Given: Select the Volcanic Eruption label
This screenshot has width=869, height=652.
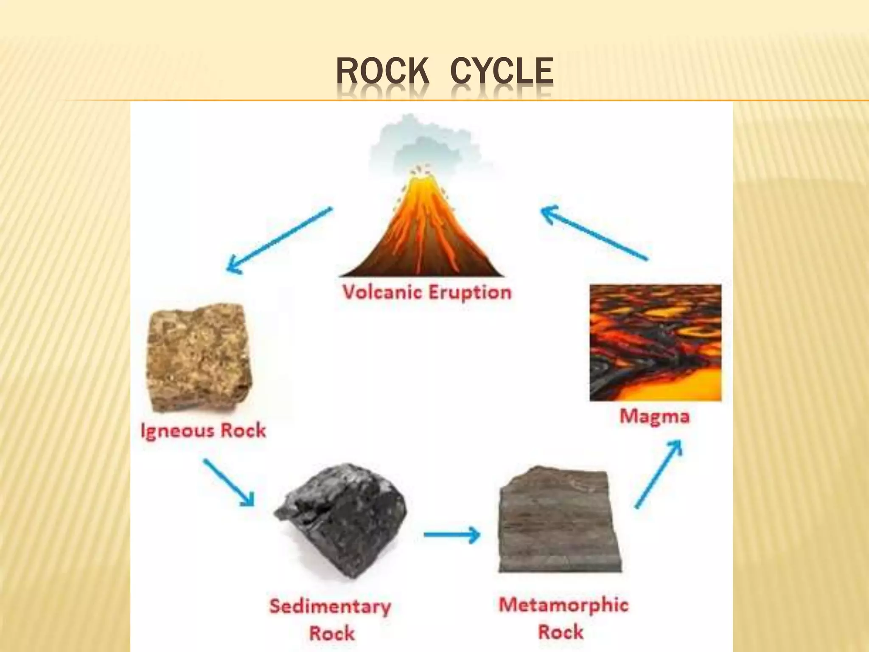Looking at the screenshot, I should (427, 292).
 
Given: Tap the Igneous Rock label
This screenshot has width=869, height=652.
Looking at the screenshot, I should (203, 430).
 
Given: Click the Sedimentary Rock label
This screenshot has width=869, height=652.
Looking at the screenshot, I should (331, 619).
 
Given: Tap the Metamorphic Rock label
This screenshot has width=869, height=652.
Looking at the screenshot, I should (563, 618).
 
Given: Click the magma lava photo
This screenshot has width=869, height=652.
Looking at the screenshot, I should (656, 343).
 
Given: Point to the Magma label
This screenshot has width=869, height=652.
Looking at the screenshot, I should (655, 416).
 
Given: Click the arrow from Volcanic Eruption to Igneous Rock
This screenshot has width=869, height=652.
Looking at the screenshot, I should (279, 240).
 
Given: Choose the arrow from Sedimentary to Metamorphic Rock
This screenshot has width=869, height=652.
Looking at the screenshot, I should (452, 534).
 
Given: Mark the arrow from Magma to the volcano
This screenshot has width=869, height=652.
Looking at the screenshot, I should (594, 232).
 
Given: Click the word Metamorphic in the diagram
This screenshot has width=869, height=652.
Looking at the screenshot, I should (563, 604).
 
